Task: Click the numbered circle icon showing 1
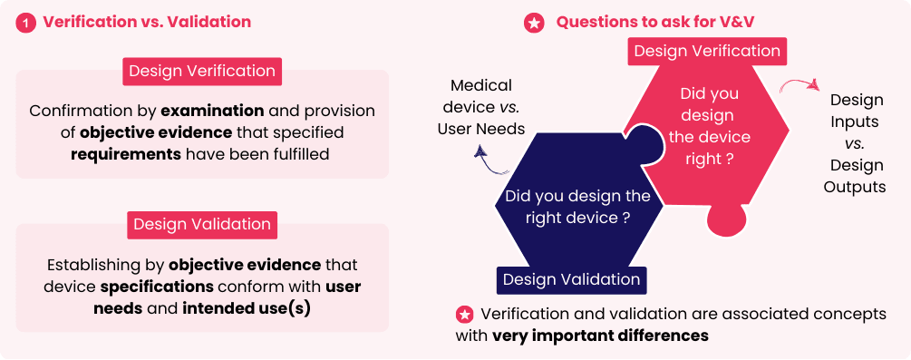(x=25, y=23)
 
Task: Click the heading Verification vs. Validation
(x=147, y=22)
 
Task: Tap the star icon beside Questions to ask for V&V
(x=534, y=23)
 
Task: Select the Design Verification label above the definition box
(x=202, y=71)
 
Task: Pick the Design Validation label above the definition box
(x=202, y=225)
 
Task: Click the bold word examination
(x=213, y=111)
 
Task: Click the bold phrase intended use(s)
(x=247, y=308)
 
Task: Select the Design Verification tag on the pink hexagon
(x=707, y=51)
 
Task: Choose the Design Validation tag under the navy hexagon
(x=572, y=279)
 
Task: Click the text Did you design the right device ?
(x=577, y=207)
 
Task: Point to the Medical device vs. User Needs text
(x=481, y=107)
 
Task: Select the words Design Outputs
(x=855, y=176)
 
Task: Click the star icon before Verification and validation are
(x=464, y=315)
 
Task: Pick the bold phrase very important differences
(x=600, y=336)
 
